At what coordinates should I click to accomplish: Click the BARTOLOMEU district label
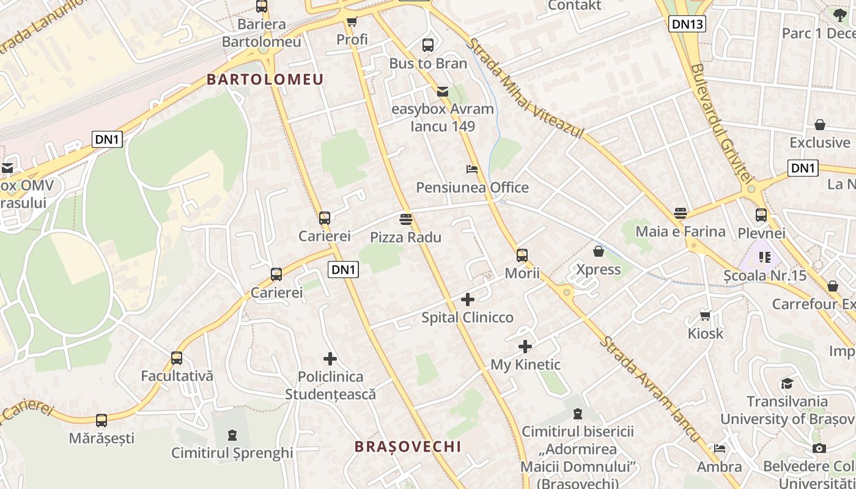coord(265,79)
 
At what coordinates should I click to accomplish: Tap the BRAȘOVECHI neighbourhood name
coord(408,447)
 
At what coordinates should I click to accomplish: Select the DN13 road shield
coord(687,24)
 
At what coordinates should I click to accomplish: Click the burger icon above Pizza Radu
coord(406,219)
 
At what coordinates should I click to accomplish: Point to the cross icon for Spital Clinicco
coord(468,300)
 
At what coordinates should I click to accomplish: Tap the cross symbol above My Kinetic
coord(525,347)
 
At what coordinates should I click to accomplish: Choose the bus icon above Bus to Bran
coord(428,45)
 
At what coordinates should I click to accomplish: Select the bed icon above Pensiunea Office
coord(472,169)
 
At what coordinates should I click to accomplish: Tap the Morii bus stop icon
coord(522,256)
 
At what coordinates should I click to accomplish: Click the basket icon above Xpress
coord(599,251)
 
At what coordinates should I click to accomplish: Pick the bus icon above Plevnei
coord(761,215)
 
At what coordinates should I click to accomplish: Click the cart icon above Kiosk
coord(705,315)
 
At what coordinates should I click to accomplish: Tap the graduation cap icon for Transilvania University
coord(787,383)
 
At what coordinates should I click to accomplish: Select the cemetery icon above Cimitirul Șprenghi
coord(232,435)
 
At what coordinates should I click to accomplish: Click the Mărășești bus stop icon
coord(101,421)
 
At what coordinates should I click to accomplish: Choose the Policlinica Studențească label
coord(330,386)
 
